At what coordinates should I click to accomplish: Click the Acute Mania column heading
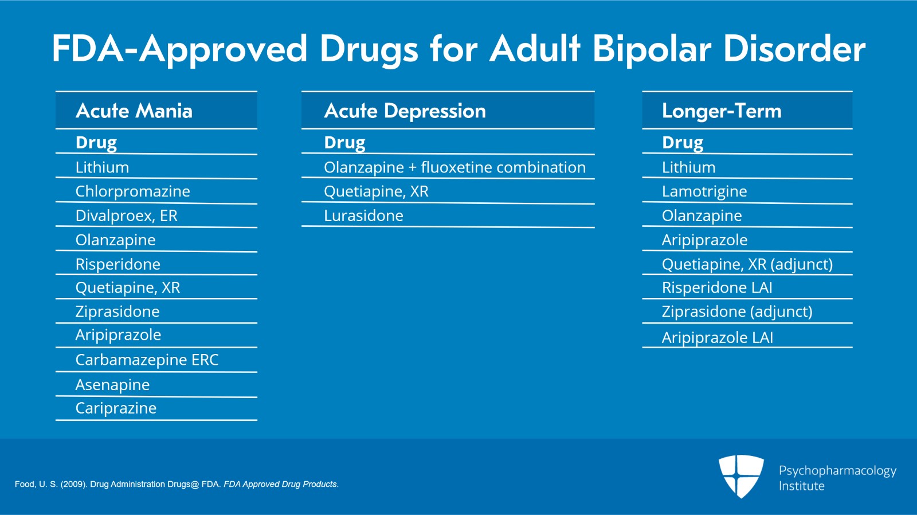[134, 111]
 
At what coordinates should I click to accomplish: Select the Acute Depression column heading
[405, 111]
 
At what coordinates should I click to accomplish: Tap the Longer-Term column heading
[722, 111]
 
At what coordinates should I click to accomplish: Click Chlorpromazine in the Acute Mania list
[132, 191]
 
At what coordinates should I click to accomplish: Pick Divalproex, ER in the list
[126, 215]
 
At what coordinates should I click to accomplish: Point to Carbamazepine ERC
[147, 360]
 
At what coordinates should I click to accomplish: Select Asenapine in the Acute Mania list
[112, 385]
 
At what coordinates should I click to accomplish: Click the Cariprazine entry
[116, 408]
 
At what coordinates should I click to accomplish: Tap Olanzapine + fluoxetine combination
[454, 167]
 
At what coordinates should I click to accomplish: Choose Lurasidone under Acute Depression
[363, 215]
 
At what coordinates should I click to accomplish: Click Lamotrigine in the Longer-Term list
[704, 191]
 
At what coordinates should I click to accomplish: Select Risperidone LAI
[717, 288]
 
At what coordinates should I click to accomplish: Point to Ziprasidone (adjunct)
[737, 312]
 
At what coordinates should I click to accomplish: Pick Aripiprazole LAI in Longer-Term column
[718, 337]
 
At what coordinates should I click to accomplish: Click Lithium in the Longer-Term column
[688, 167]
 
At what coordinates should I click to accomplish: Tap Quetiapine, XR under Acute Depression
[376, 191]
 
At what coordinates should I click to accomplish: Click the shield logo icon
[741, 475]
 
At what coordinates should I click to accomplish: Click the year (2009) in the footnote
[73, 484]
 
